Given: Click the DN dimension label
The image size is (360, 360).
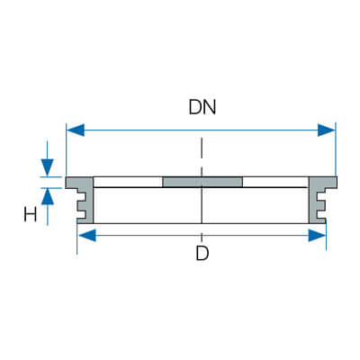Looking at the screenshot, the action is click(x=202, y=107).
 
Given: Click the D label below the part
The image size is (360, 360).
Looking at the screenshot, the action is click(x=202, y=253).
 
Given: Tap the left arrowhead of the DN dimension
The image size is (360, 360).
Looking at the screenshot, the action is click(x=76, y=130).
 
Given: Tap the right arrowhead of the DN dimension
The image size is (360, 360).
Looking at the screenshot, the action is click(x=327, y=130).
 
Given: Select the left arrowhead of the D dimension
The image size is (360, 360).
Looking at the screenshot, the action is click(x=87, y=236).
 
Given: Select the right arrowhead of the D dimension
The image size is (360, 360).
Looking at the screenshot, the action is click(x=317, y=236).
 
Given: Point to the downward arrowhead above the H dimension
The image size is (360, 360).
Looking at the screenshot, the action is click(x=48, y=167).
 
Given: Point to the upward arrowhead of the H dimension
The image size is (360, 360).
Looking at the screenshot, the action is click(x=48, y=197).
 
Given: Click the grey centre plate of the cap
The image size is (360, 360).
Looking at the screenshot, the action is click(x=202, y=182).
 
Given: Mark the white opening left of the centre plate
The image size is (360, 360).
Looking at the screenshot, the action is click(x=128, y=182).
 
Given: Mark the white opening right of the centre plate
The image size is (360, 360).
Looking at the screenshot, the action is click(x=275, y=182).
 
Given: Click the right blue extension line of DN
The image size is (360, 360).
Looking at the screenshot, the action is click(x=336, y=149).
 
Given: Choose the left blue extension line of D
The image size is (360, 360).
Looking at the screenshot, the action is click(x=77, y=239).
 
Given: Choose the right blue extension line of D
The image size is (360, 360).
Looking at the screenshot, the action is click(x=326, y=237).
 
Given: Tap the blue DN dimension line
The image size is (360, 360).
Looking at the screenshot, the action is click(x=201, y=130).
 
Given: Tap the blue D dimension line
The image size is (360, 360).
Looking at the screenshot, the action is click(x=202, y=236).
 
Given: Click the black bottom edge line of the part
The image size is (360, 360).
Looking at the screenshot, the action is click(x=201, y=223).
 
